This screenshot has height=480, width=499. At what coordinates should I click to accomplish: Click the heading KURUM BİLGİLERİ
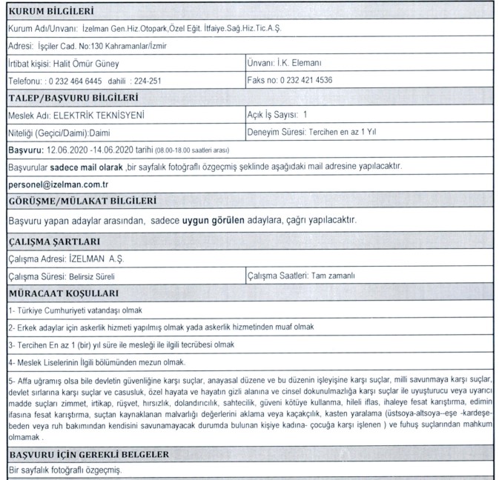click(50, 11)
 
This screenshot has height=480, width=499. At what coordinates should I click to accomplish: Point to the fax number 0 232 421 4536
click(311, 80)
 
